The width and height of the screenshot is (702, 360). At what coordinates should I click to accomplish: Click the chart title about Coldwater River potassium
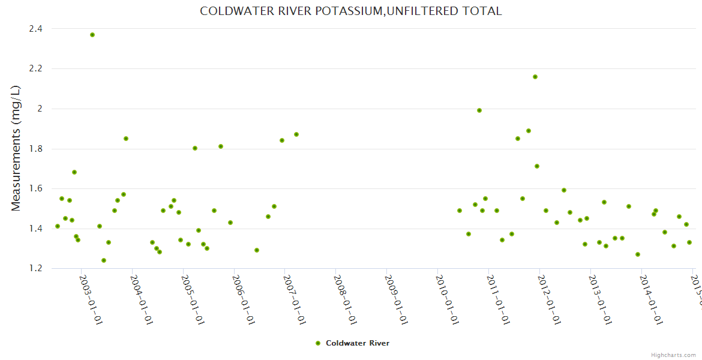tap(350, 11)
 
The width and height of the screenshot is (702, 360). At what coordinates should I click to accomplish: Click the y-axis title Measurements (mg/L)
tap(16, 148)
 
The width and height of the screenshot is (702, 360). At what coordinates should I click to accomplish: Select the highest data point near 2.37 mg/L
tap(92, 35)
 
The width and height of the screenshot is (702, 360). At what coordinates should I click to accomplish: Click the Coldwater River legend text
tap(358, 343)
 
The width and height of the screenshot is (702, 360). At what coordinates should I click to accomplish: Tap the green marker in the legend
tap(318, 343)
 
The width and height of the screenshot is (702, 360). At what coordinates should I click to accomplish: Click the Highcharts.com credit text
tap(673, 355)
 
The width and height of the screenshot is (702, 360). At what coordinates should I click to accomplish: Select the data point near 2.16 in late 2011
tap(535, 77)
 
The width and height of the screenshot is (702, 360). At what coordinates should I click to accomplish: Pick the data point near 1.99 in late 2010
tap(479, 110)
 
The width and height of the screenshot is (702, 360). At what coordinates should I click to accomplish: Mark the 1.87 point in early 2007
tap(296, 134)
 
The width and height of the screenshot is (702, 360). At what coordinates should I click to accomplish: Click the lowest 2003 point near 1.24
tap(104, 260)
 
